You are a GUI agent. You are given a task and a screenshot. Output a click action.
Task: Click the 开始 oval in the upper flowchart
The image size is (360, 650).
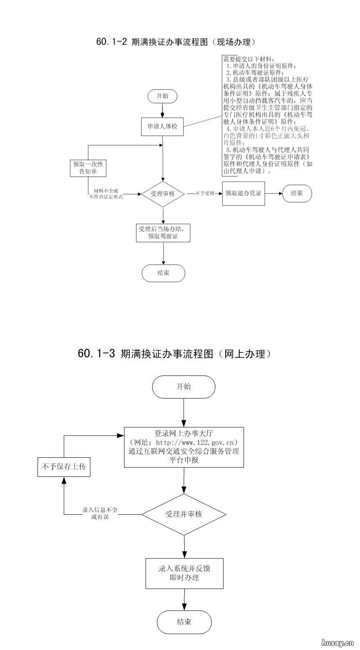coord(162,96)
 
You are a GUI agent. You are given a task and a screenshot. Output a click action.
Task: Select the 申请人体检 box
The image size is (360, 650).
coord(162,126)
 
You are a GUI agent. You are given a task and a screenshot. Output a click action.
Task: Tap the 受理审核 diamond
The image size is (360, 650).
coord(163,194)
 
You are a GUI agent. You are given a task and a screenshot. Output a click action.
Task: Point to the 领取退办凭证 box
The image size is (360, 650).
coord(243,194)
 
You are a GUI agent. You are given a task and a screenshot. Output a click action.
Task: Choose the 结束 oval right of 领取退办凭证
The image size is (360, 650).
coord(297,194)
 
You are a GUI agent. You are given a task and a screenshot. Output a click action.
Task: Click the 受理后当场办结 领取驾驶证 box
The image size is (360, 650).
coord(163,233)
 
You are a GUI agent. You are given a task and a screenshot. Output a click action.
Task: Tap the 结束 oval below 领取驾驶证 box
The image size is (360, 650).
coord(163,273)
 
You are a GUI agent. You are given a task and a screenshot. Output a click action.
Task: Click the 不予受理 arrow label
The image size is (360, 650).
coord(204,194)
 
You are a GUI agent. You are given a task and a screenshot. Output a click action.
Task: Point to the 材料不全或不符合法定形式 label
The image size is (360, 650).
coord(106,194)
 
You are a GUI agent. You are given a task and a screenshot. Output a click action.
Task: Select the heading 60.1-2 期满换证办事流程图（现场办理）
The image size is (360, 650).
coord(175,42)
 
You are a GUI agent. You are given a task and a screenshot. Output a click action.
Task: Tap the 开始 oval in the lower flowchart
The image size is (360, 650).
coord(184,387)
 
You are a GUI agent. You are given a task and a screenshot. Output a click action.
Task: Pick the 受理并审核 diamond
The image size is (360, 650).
coord(184,514)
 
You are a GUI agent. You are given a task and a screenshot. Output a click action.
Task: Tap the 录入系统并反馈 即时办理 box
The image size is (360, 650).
coord(184,573)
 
